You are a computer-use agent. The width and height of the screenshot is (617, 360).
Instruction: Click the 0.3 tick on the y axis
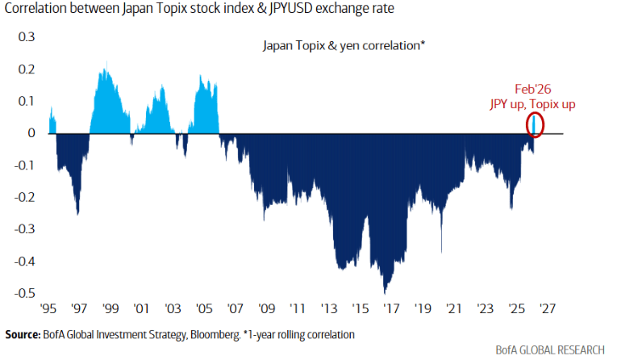tap(29, 37)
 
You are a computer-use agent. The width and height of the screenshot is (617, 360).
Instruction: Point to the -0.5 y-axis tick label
tap(27, 293)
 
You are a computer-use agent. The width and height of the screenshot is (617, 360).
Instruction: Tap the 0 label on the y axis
tap(33, 133)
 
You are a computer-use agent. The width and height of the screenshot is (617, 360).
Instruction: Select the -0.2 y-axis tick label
tap(27, 197)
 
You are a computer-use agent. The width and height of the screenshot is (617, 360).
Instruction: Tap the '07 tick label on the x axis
tap(236, 308)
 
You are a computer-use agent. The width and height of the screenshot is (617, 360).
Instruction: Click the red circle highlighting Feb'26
tap(536, 124)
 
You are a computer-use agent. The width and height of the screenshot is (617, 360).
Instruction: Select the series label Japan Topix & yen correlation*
tap(344, 46)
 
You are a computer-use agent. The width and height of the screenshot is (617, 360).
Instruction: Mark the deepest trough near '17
tap(386, 291)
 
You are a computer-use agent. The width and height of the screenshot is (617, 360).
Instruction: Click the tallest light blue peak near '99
tap(107, 63)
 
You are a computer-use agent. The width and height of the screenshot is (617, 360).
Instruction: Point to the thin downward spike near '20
tap(441, 250)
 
